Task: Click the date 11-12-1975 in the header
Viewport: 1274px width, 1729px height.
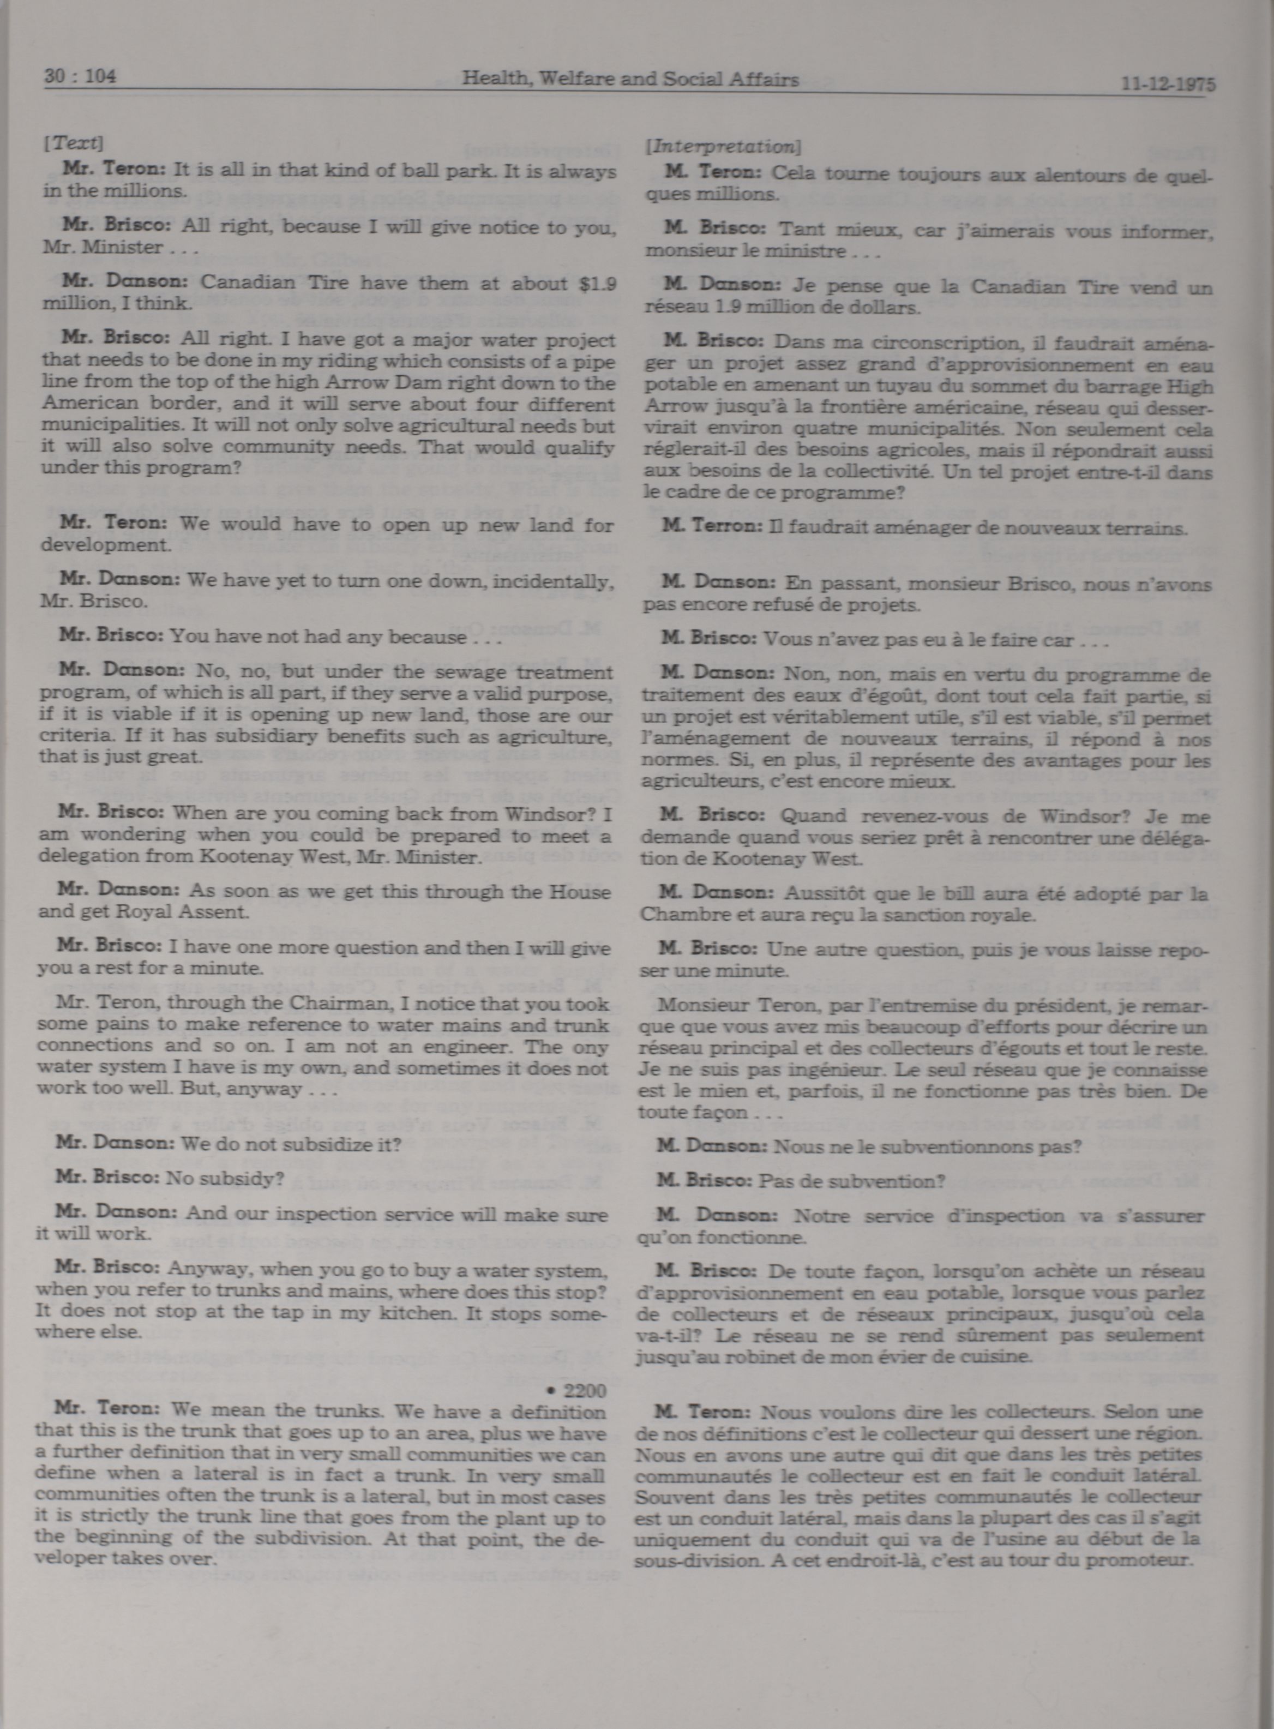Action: coord(1168,84)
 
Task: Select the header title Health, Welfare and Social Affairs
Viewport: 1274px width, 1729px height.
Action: coord(630,79)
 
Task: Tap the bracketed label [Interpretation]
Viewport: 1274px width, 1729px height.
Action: coord(723,146)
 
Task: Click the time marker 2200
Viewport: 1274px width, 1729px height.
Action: coord(585,1390)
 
